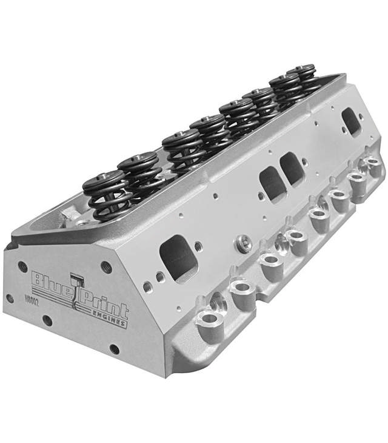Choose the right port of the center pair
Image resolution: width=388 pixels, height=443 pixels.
tap(293, 169)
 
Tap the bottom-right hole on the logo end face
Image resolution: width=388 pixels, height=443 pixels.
tap(114, 348)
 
